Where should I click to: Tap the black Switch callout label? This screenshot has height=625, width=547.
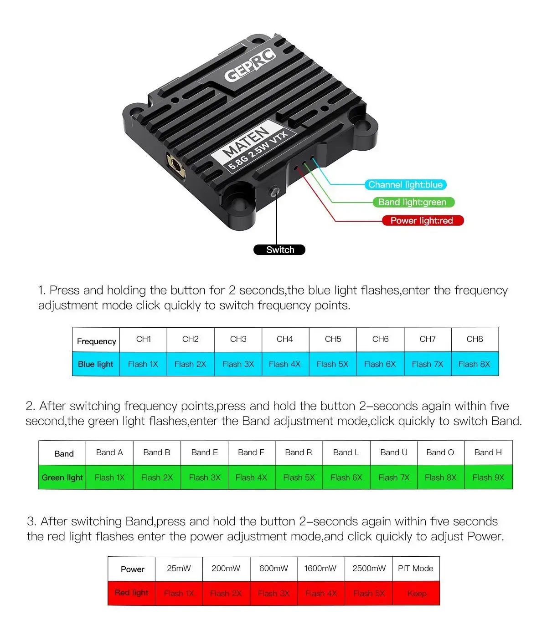279,249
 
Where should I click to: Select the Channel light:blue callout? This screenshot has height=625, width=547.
405,184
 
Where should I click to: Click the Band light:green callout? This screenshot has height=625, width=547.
413,202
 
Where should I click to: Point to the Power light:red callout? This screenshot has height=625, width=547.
423,221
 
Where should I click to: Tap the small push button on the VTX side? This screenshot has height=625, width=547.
274,192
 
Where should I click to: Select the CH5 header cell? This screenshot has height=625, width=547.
333,340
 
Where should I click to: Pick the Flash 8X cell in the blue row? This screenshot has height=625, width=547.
475,364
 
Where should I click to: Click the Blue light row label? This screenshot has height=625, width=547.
96,364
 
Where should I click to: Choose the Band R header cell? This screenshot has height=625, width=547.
299,452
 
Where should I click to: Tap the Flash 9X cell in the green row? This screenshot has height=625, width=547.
489,477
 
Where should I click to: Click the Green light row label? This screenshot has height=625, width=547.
62,477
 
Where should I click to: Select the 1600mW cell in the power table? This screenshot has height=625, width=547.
321,569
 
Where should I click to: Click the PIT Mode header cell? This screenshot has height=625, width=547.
416,569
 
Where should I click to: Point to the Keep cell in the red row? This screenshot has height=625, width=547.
416,593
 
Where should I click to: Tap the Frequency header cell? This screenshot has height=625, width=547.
96,340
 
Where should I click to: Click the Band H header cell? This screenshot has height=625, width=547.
488,452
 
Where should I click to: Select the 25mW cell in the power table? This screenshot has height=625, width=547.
179,569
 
